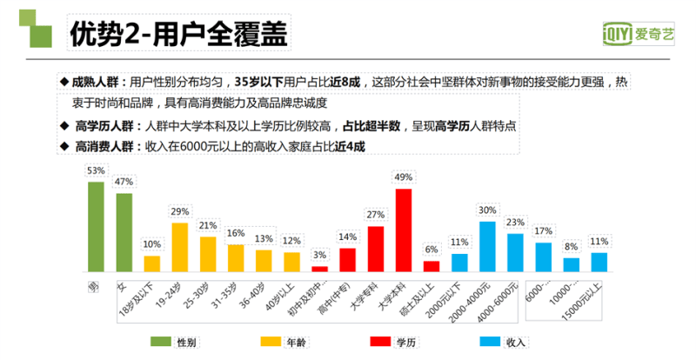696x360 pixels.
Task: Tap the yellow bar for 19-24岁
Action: (x=180, y=247)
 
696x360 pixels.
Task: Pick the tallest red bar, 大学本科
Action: (x=404, y=230)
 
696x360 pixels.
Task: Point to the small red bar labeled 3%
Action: (x=319, y=269)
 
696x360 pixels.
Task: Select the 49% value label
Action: (x=404, y=177)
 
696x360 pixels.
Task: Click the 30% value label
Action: (x=487, y=210)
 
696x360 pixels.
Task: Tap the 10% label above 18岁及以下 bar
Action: (x=151, y=243)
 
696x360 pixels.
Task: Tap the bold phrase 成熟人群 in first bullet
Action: (x=95, y=82)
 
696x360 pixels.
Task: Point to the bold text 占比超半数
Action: (x=371, y=125)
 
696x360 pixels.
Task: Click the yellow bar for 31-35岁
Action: (x=236, y=258)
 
